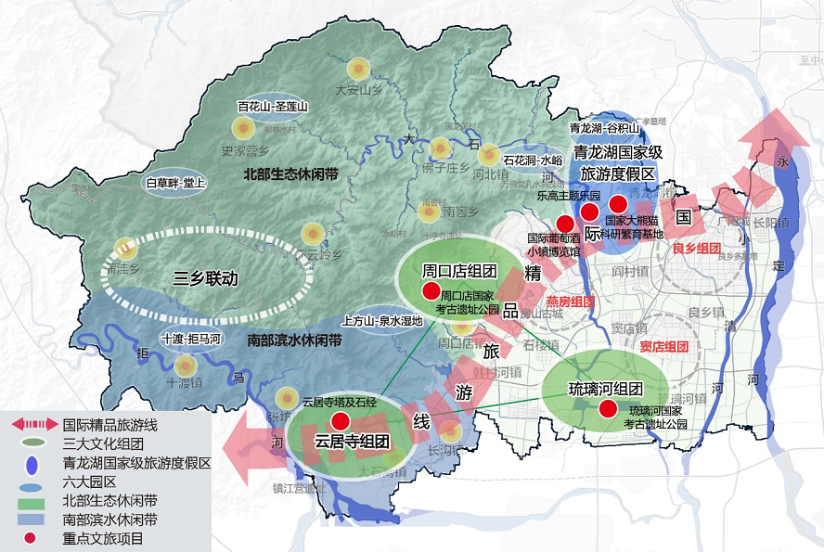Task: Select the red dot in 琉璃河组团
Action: click(608, 409)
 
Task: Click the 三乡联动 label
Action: click(206, 277)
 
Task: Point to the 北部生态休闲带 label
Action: click(288, 173)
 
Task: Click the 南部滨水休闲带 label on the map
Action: click(294, 340)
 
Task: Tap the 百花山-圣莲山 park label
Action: click(272, 107)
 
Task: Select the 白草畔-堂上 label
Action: click(176, 183)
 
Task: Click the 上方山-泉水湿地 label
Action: click(382, 321)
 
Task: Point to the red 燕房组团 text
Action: click(569, 302)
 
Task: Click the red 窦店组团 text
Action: click(663, 346)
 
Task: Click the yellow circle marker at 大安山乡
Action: click(358, 69)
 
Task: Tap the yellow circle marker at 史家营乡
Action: click(243, 129)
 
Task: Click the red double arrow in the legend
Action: click(31, 424)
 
